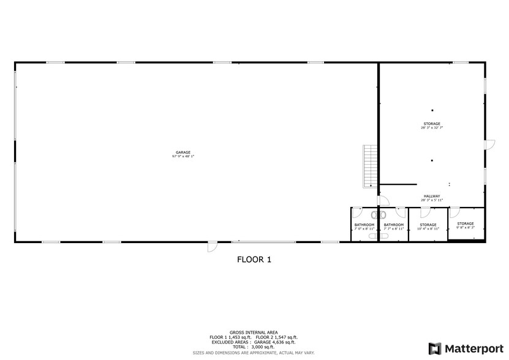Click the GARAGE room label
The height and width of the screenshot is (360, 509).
(183, 152)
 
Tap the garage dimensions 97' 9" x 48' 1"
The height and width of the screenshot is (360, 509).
(183, 156)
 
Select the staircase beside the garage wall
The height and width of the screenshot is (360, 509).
(369, 165)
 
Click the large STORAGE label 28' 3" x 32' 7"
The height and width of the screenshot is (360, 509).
(431, 124)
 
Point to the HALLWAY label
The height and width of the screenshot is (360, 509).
(431, 197)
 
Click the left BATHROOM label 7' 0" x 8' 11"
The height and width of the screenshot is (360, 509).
(364, 225)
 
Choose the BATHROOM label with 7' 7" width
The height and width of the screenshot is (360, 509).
(393, 225)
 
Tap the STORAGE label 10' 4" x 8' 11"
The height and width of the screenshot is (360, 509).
(428, 225)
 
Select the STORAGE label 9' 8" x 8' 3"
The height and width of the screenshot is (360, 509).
(466, 223)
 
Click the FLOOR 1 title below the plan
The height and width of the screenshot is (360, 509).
(254, 260)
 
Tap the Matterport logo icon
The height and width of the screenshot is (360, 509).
(435, 348)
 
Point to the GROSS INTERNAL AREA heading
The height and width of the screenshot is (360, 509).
(254, 332)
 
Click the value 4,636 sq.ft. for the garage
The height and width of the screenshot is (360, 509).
(284, 342)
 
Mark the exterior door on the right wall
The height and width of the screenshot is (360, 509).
(489, 144)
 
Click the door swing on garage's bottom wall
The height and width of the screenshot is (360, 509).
(211, 247)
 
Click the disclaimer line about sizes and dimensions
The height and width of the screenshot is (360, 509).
(254, 353)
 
